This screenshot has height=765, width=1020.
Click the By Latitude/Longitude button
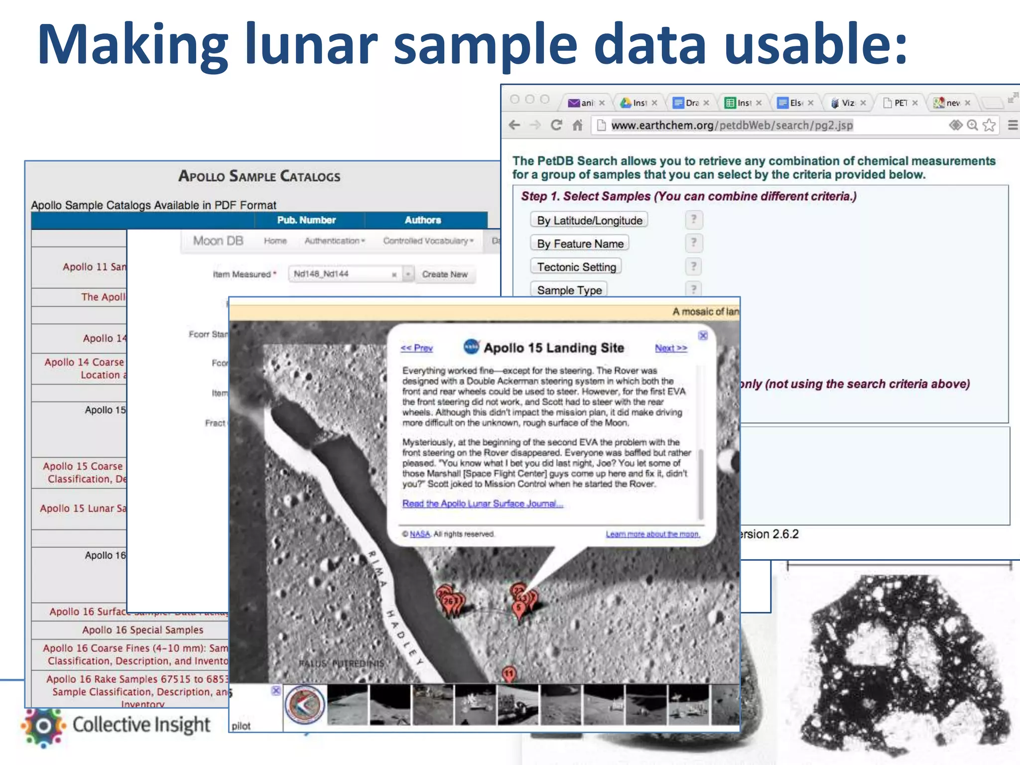pos(589,220)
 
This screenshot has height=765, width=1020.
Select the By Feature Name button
pos(580,244)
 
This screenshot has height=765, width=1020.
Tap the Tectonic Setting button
pos(576,267)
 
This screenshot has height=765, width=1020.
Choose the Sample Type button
pos(569,290)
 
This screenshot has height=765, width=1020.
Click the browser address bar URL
pos(732,125)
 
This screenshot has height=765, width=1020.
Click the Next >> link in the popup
pos(671,348)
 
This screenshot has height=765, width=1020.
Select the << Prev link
pos(416,348)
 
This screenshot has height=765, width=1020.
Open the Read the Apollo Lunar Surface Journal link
pos(482,504)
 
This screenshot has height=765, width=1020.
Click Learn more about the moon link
pos(652,534)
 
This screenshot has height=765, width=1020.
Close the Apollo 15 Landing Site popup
pos(703,336)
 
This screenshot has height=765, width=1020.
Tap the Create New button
pos(445,274)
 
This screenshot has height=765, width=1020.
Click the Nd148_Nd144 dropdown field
pos(344,274)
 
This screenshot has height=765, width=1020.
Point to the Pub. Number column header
pos(306,220)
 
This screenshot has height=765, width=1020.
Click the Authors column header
pos(423,220)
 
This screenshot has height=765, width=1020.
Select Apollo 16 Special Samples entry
pos(142,630)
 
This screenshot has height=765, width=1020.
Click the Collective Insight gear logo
pos(43,726)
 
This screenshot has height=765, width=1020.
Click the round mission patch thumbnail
pos(305,705)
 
